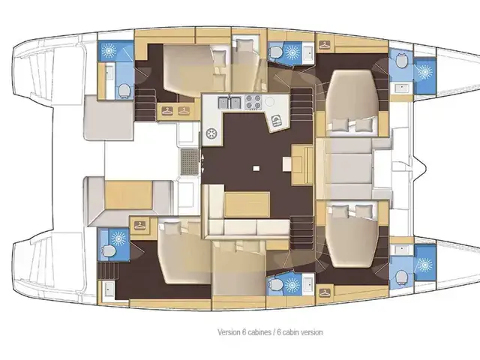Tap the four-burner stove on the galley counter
(253, 102)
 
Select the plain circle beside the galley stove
(271, 101)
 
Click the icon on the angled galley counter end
(277, 120)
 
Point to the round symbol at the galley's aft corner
(211, 133)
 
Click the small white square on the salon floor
(256, 168)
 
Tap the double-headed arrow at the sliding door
(202, 163)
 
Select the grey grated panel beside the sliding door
(189, 162)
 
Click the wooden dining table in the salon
(247, 204)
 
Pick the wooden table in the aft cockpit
(128, 195)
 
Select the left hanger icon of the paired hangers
(166, 111)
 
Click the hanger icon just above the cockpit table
(139, 226)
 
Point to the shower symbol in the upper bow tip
(424, 73)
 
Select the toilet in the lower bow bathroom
(401, 277)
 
